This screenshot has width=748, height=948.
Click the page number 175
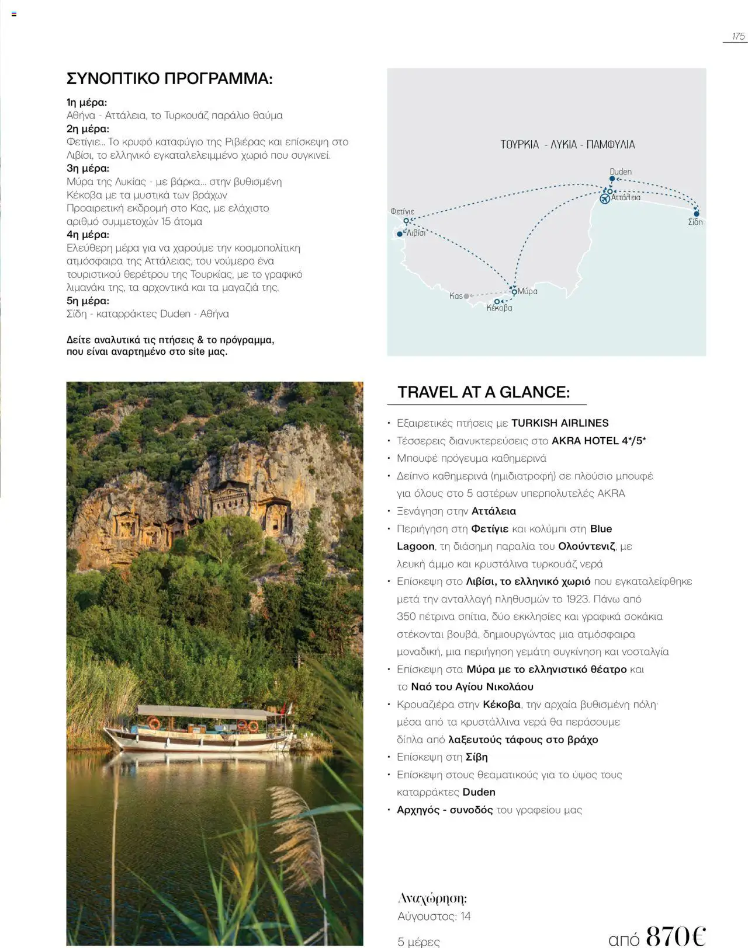point(738,36)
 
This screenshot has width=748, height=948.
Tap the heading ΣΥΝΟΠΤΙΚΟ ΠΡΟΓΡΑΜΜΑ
point(169,78)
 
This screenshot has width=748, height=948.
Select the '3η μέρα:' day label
point(88,168)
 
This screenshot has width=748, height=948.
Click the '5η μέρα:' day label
point(88,301)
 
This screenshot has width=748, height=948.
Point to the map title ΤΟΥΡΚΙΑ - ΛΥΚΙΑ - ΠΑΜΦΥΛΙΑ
point(567,144)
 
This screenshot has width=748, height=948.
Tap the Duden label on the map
point(620,172)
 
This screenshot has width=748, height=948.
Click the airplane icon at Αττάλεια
point(605,199)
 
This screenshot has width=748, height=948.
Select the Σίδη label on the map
point(695,222)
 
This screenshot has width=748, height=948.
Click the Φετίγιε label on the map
point(402,211)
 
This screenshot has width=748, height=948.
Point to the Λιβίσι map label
point(416,232)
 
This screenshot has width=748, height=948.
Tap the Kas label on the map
point(456,296)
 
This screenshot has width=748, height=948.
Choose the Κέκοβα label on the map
point(499,308)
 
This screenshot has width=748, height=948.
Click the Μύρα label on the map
point(528,291)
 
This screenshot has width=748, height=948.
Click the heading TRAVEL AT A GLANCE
point(483,392)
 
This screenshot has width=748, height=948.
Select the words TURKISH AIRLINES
point(560,423)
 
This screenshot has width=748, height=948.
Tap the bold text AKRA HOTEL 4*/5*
point(598,441)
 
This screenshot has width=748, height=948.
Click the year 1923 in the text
point(577,599)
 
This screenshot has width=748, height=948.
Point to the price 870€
point(676,935)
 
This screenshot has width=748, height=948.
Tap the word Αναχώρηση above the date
point(432,898)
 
